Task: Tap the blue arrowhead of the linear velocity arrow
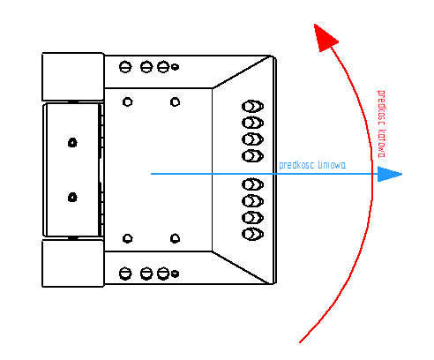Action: [x=389, y=174]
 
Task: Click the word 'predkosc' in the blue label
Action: [x=296, y=165]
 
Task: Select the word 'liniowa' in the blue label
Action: [x=333, y=165]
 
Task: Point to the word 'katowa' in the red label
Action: [x=381, y=143]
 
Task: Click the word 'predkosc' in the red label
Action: [x=381, y=108]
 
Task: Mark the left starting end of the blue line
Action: [x=151, y=174]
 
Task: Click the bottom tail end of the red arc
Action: [x=300, y=342]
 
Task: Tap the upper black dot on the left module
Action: [x=72, y=143]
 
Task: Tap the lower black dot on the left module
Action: [x=72, y=197]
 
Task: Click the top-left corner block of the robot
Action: [x=73, y=77]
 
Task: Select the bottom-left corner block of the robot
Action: [x=73, y=263]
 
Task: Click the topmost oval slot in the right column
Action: [x=252, y=106]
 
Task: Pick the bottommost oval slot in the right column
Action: [x=252, y=234]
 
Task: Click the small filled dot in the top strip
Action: [x=175, y=67]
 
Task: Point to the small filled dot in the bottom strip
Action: [x=175, y=274]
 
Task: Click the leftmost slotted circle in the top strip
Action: [x=125, y=67]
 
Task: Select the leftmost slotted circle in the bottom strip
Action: [x=125, y=274]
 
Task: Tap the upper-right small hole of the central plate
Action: [x=175, y=102]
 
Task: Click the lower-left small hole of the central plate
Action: [x=127, y=238]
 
